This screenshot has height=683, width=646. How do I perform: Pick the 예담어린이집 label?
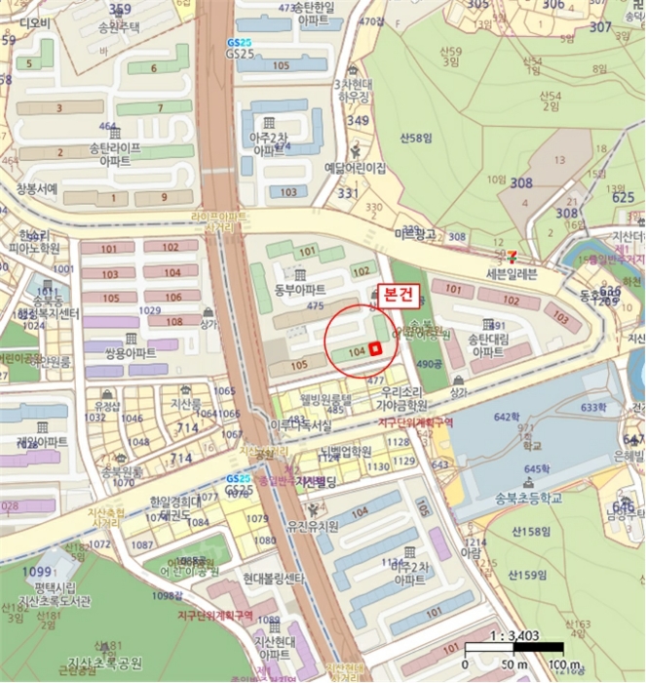[x=356, y=168]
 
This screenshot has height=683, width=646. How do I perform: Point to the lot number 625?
[x=624, y=198]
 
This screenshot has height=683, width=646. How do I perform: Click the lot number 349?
[x=359, y=120]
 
